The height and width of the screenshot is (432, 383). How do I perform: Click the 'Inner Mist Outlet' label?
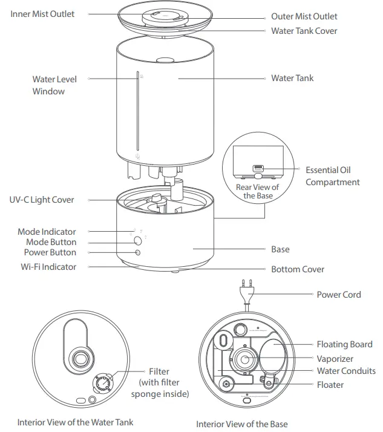(42, 13)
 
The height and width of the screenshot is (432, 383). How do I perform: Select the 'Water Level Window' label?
(54, 85)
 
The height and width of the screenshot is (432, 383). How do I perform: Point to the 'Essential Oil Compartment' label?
(332, 176)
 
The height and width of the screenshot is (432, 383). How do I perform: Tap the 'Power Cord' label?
(339, 295)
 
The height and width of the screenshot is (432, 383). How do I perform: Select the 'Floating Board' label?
(344, 344)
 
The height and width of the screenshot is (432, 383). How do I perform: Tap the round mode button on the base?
(139, 240)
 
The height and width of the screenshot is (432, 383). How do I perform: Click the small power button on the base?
(138, 252)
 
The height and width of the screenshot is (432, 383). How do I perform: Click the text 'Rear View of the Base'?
(257, 191)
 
